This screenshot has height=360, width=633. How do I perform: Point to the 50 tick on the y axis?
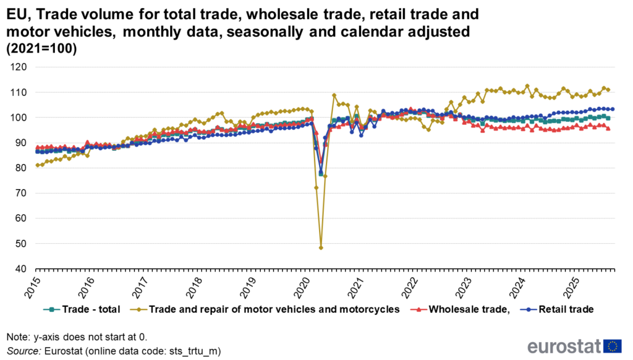point(22,244)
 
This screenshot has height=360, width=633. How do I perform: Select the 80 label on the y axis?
point(22,168)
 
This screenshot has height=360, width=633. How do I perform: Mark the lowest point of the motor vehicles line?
point(321,247)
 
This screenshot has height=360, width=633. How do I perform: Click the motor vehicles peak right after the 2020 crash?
point(334,95)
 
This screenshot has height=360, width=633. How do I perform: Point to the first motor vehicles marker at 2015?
point(37,165)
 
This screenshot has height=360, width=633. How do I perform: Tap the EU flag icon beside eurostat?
point(613,346)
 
